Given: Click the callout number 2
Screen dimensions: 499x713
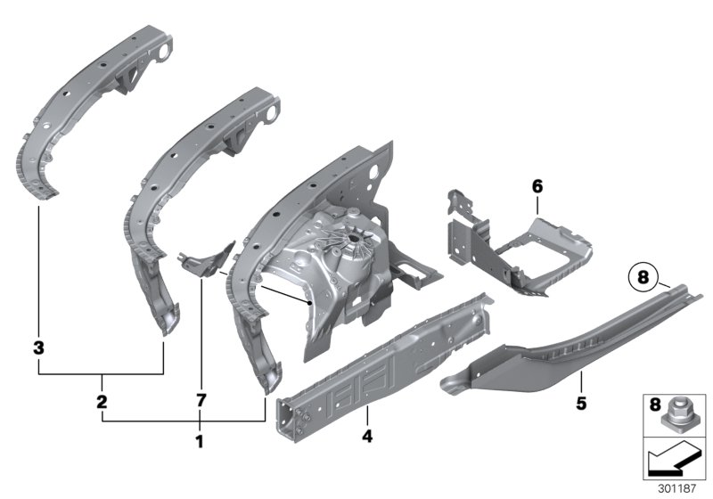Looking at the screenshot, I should tap(102, 403).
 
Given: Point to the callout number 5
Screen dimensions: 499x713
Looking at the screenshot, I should tap(580, 404).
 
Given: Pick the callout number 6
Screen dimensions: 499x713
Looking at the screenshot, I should tap(537, 187).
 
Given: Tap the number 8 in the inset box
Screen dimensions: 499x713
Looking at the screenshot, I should tap(655, 405).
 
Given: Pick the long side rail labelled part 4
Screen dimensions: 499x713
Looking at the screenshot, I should tap(383, 356).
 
